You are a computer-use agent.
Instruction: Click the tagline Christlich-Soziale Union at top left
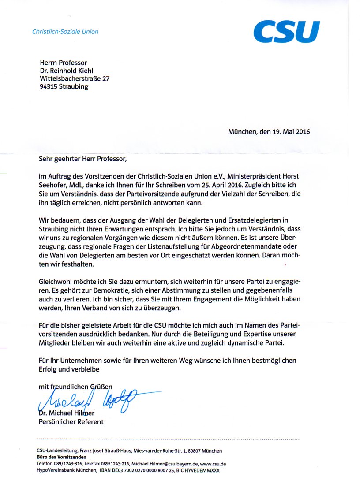(x=65, y=32)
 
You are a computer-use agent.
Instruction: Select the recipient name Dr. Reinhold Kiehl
(x=67, y=71)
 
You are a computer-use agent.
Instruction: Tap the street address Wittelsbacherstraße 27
(x=75, y=78)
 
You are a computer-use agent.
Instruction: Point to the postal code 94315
(x=49, y=86)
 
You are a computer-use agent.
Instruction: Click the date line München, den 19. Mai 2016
(x=269, y=131)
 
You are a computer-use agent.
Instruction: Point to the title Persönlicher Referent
(x=71, y=421)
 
